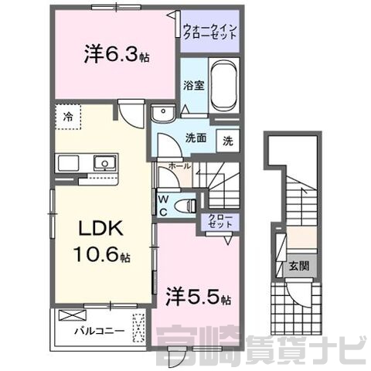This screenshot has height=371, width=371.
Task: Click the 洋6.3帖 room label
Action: (117, 54)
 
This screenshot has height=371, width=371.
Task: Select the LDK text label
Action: (100, 229)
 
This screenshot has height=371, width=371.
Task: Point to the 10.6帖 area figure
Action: (102, 254)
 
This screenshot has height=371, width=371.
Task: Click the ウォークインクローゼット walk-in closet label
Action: (210, 31)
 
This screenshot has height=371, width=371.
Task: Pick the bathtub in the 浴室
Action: (224, 86)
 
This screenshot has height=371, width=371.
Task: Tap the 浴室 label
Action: (194, 86)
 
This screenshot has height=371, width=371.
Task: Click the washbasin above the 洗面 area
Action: (163, 114)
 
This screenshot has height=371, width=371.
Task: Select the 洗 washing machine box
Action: (228, 141)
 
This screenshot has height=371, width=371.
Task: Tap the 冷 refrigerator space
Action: (68, 117)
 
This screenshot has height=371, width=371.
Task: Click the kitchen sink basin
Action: (104, 163)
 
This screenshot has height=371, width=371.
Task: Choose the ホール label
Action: (179, 166)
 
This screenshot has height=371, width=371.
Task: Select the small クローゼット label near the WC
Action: (220, 221)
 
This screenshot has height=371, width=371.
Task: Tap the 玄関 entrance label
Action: (299, 266)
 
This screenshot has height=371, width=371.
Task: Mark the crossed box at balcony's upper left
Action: (72, 315)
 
